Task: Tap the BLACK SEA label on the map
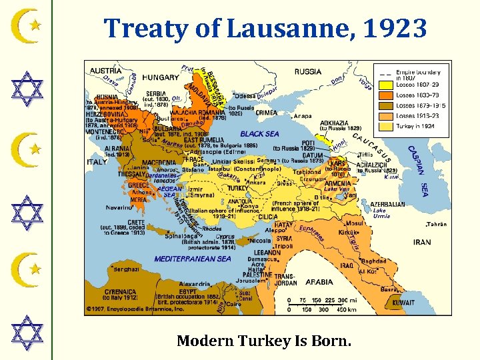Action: click(259, 134)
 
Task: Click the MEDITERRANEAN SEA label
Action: click(193, 259)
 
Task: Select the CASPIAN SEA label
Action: click(419, 171)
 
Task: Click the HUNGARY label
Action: click(161, 77)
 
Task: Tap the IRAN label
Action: click(422, 242)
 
